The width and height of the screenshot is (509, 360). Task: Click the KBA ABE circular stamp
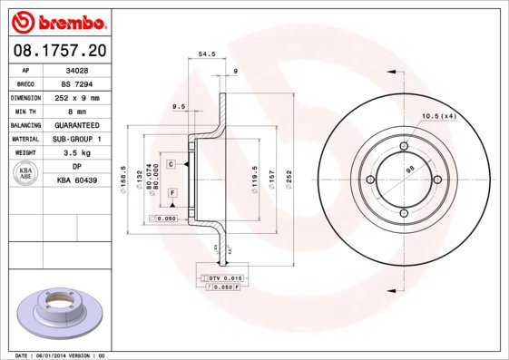pyautogui.click(x=26, y=174)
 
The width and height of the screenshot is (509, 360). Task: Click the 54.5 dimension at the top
pyautogui.click(x=206, y=54)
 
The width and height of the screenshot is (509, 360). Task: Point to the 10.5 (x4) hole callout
pyautogui.click(x=440, y=115)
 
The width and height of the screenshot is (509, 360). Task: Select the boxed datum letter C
pyautogui.click(x=171, y=165)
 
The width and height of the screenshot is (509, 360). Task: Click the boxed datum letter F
pyautogui.click(x=171, y=193)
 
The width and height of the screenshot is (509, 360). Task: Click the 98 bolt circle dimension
pyautogui.click(x=409, y=170)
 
